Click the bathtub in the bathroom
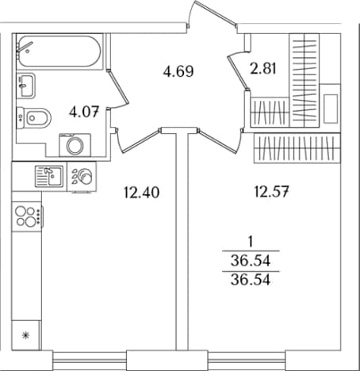pos(59,52)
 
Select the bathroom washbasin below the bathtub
pos(25,86)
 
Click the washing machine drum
pos(75,146)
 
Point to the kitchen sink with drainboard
pos(49,176)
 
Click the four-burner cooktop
pos(27,216)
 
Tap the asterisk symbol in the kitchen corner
pos(25,335)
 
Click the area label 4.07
pos(84,112)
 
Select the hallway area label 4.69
pos(178,71)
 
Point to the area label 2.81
pos(263,68)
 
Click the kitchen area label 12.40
pos(142,193)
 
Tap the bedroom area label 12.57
pos(271,191)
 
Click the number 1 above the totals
pos(251,242)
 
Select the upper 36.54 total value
pos(251,261)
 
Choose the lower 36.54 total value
pos(251,280)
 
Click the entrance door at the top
pos(216,13)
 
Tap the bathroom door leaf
pos(118,86)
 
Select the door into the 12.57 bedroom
pos(220,140)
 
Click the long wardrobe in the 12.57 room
pos(297,148)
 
